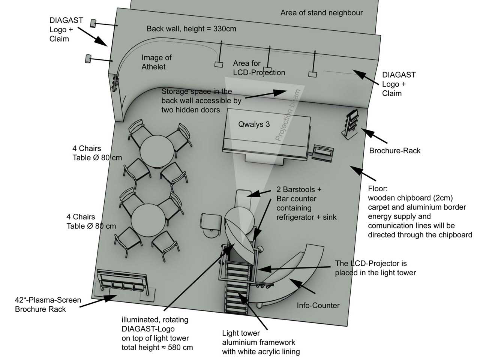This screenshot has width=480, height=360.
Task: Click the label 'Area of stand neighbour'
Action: point(321,13)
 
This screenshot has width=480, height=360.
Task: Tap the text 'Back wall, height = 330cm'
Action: point(191,28)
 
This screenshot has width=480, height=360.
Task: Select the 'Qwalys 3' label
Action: point(254,124)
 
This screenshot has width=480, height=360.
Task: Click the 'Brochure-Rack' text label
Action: point(395,151)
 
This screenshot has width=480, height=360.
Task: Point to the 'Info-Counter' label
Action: point(318,305)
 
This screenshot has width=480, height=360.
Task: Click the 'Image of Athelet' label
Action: point(156,62)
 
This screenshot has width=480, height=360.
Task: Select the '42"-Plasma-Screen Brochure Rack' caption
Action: point(48,304)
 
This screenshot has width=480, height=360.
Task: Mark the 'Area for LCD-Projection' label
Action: point(259,68)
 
